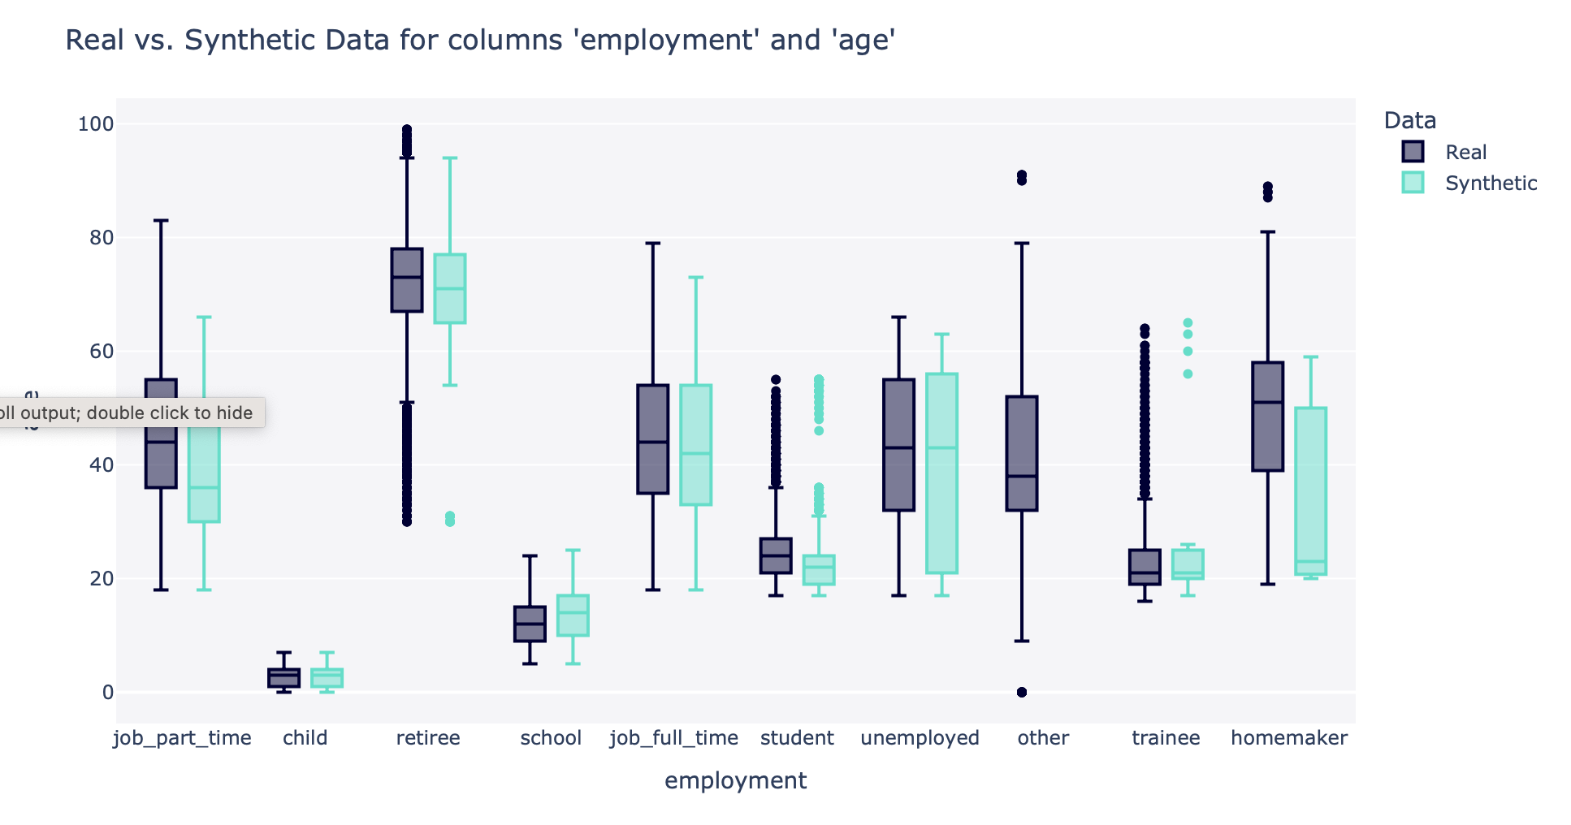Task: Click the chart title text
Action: click(479, 40)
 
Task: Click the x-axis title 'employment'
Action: click(735, 780)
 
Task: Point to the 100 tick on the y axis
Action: click(95, 124)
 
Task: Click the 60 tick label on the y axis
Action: click(95, 352)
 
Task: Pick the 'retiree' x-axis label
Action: click(428, 738)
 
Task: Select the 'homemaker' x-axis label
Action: click(1289, 738)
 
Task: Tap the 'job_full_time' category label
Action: click(674, 738)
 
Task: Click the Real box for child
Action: click(284, 678)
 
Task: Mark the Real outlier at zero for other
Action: click(1022, 692)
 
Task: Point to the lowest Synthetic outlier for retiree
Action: click(450, 522)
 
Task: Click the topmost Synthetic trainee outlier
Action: click(1188, 323)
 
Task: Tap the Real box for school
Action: click(530, 624)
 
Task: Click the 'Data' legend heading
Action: click(1410, 120)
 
